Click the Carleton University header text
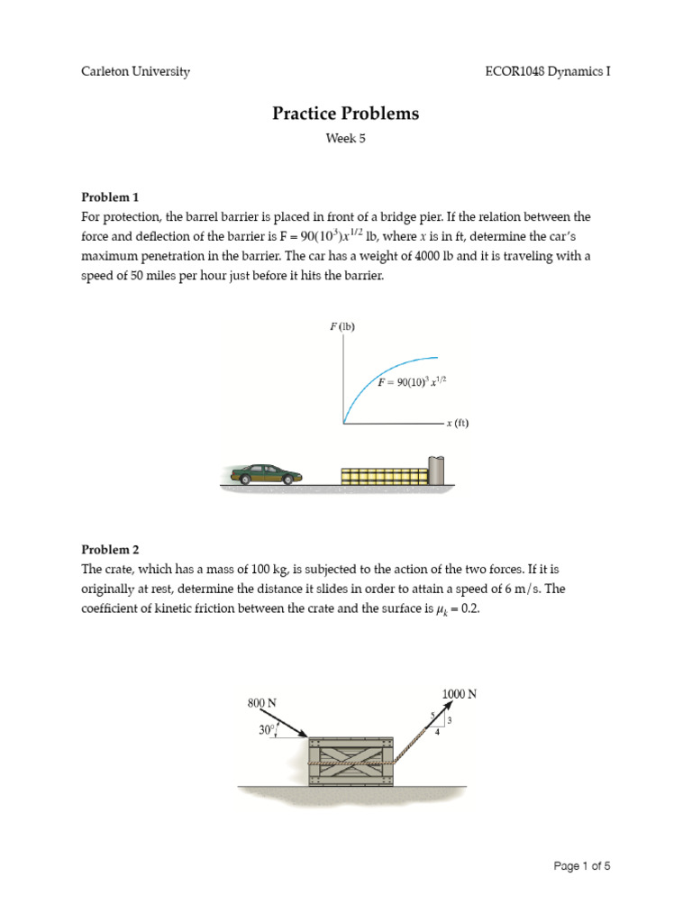tap(136, 71)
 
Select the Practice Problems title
tap(346, 114)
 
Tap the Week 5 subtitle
tap(346, 139)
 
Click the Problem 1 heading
tap(111, 196)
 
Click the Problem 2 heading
tap(111, 549)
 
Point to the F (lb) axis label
tap(342, 326)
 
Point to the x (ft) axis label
tap(457, 422)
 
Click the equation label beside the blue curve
tap(413, 381)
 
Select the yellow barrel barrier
tap(384, 476)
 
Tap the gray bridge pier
tap(437, 471)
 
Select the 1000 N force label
tap(459, 693)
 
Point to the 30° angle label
tap(267, 731)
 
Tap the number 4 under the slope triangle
tap(438, 733)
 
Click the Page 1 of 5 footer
tap(582, 866)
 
